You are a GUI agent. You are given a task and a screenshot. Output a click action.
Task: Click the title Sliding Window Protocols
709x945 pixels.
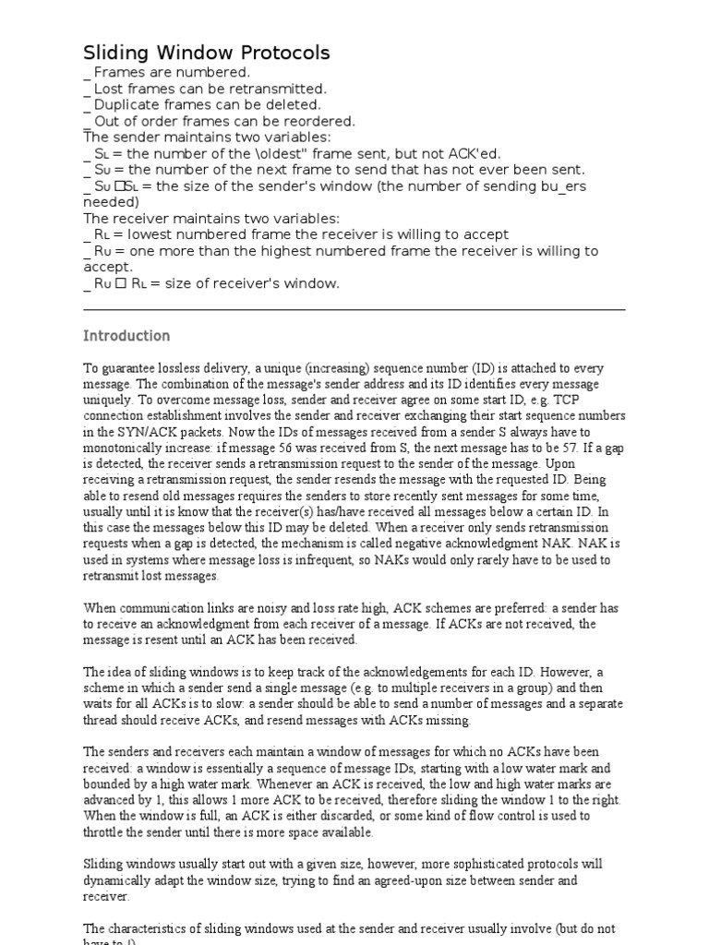[207, 54]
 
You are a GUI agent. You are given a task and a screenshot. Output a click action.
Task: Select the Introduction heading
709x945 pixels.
[126, 336]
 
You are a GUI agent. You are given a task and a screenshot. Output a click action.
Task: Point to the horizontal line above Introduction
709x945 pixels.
[354, 310]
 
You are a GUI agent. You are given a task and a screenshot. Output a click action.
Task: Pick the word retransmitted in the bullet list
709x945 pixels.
[282, 89]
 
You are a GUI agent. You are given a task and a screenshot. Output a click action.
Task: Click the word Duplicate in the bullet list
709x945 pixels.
[125, 105]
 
